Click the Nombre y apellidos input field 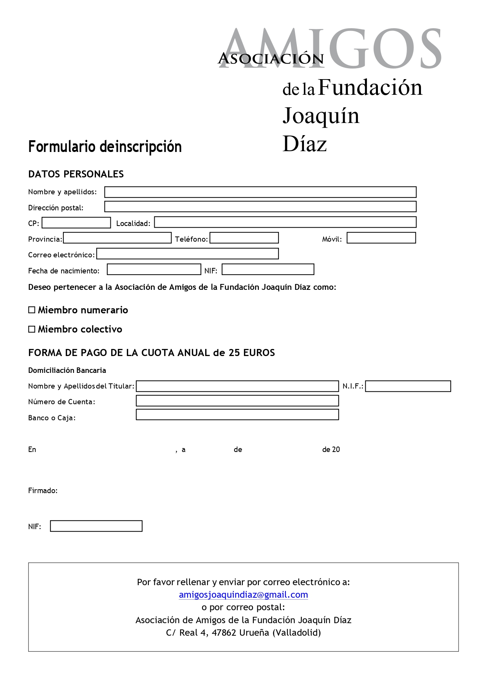(260, 192)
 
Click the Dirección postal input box (260, 206)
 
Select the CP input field (76, 222)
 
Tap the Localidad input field (285, 222)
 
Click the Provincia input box (117, 238)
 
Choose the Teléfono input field (244, 238)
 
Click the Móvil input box (381, 238)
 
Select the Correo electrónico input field (188, 254)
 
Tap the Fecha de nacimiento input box (154, 269)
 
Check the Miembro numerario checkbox (32, 310)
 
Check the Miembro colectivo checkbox (32, 329)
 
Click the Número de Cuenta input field (237, 401)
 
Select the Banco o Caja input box (237, 414)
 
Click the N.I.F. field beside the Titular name (408, 386)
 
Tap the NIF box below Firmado (96, 526)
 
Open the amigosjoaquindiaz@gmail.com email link (243, 595)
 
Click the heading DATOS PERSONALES (76, 174)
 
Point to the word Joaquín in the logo (321, 116)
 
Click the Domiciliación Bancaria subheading (67, 371)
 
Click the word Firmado (43, 491)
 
